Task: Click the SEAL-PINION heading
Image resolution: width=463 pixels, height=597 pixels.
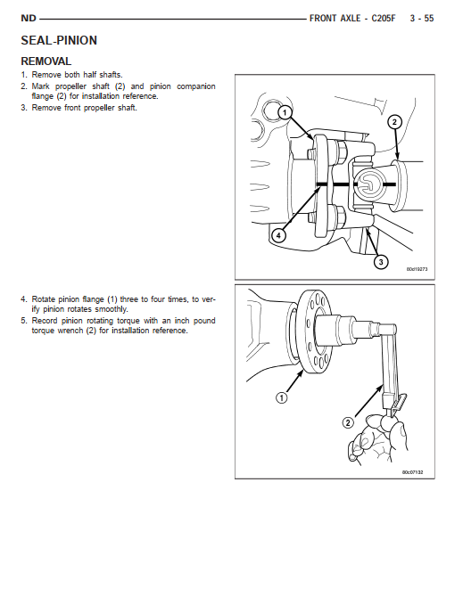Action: [x=59, y=40]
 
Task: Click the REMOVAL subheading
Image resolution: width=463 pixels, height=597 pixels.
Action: [x=45, y=61]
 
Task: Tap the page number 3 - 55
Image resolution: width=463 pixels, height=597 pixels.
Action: [x=422, y=19]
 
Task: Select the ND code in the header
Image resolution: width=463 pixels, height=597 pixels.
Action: [x=29, y=19]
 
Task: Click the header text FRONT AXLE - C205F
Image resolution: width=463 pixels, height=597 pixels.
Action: [x=352, y=19]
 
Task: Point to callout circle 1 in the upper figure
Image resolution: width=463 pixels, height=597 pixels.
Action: [x=285, y=112]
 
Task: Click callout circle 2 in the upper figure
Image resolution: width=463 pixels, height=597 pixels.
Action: [x=394, y=122]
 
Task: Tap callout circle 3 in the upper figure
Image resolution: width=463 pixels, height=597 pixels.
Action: [x=381, y=262]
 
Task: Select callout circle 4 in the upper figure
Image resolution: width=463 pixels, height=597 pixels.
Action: [x=278, y=235]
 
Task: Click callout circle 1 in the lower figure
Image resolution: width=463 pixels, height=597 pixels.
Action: [x=281, y=398]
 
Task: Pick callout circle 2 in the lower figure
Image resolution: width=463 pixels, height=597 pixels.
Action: [x=348, y=422]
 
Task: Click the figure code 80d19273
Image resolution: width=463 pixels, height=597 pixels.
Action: [x=417, y=269]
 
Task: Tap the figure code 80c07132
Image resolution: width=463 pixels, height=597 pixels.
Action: [x=413, y=472]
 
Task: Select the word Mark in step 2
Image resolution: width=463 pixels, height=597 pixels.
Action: [x=40, y=86]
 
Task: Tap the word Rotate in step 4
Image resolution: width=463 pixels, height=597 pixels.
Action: [x=44, y=299]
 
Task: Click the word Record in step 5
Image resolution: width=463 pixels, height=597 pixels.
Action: [x=45, y=321]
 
